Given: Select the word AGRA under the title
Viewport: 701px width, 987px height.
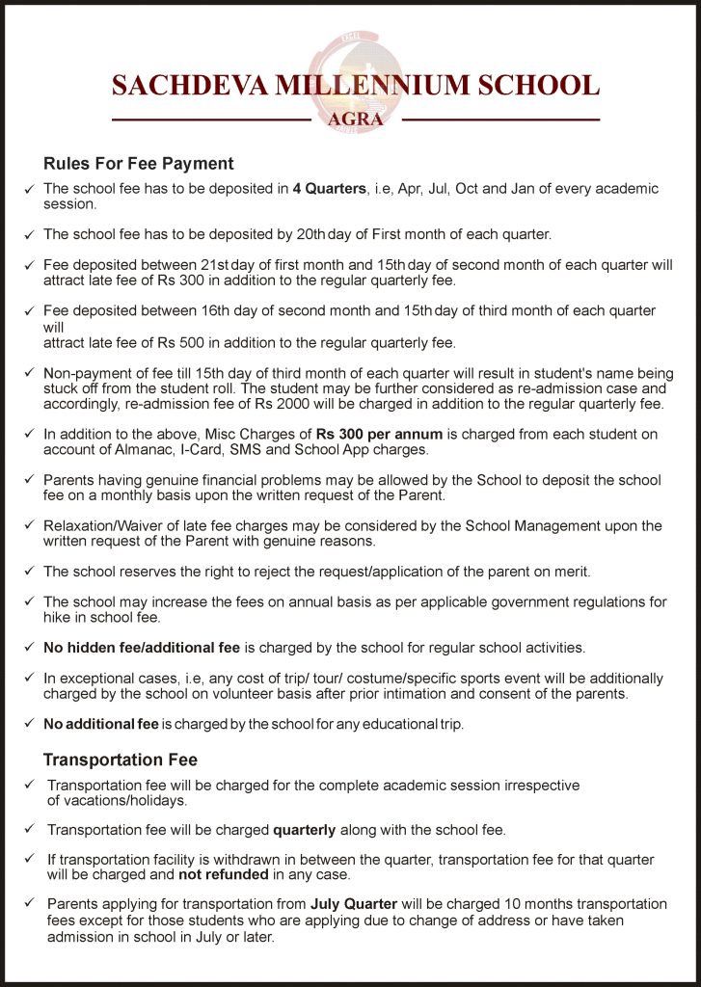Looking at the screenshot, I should point(356,120).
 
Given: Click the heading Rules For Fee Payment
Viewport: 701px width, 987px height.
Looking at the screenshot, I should point(139,164).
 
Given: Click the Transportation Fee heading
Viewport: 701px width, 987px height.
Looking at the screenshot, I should point(121,760).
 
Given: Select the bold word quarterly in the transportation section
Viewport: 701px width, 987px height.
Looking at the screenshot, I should point(305,829).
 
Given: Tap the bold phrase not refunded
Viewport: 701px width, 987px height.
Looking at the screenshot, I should point(218,875).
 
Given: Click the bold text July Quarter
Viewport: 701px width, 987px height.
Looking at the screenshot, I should point(348,904).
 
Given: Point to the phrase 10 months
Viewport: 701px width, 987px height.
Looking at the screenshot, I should point(533,904).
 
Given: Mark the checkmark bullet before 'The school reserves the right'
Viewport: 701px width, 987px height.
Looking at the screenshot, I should point(28,574).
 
